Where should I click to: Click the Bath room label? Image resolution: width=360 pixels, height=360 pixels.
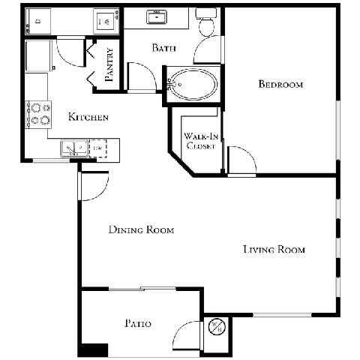pos(163,49)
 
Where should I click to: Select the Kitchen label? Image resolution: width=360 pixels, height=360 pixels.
pos(89,117)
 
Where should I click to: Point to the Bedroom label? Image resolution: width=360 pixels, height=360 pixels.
pos(280,85)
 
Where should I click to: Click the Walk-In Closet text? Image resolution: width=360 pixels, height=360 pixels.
pos(200,141)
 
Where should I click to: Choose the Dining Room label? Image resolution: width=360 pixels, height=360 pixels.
pos(141,230)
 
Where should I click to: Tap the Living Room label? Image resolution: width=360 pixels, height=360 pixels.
pos(274,249)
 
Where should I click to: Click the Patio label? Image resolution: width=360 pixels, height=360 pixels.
pos(138,324)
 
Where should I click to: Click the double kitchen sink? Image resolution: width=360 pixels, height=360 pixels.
pos(73,149)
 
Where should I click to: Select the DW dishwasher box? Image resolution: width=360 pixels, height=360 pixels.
pos(97,149)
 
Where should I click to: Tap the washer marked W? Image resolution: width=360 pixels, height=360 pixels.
pos(106,21)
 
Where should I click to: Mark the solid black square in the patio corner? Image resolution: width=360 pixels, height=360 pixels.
pos(94,349)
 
